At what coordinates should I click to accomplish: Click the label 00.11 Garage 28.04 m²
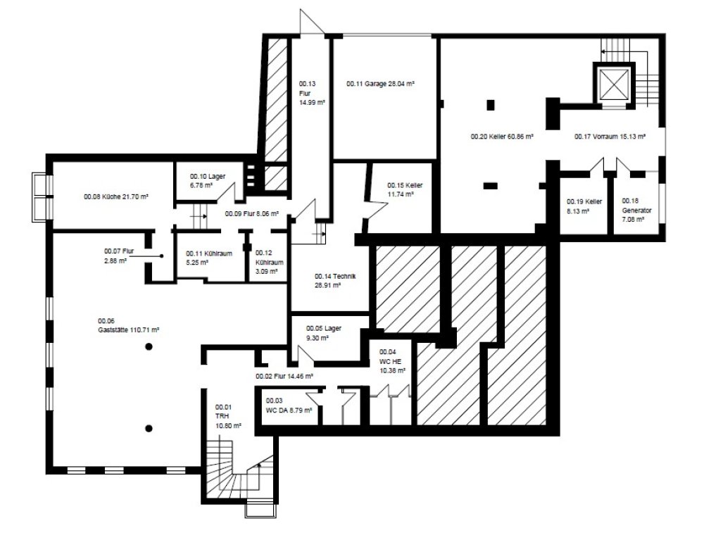pos(380,84)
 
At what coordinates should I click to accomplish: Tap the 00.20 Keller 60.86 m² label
pos(501,137)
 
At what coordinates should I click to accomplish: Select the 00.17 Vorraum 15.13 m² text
pos(610,137)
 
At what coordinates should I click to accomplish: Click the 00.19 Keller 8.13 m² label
pos(584,205)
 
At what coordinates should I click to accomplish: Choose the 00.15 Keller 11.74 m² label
pos(405,189)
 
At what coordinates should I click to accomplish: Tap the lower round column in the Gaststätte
pos(149,427)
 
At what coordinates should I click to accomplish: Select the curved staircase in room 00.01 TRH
pos(239,474)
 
